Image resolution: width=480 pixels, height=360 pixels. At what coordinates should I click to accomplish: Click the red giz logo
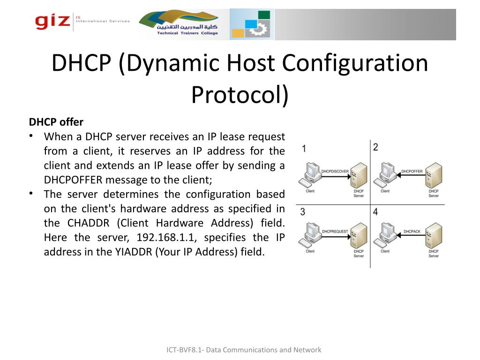[52, 21]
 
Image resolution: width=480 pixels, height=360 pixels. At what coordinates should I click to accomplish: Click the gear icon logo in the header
[252, 24]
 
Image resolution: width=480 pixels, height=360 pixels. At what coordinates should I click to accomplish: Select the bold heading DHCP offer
[56, 122]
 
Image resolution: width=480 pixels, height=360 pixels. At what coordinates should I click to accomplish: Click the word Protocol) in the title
[240, 95]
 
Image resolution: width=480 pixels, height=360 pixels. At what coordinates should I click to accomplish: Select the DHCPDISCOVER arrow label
[335, 172]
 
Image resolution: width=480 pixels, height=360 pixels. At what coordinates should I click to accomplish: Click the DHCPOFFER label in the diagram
[412, 172]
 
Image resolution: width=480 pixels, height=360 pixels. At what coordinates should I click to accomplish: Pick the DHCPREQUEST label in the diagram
[335, 232]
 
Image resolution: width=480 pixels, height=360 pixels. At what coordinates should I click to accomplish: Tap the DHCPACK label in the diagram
[412, 232]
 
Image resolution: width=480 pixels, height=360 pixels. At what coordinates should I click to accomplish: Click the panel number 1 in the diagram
[304, 149]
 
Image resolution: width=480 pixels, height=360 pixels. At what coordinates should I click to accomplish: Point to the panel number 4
[375, 212]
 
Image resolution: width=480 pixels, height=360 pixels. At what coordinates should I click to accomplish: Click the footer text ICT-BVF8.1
[185, 350]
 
